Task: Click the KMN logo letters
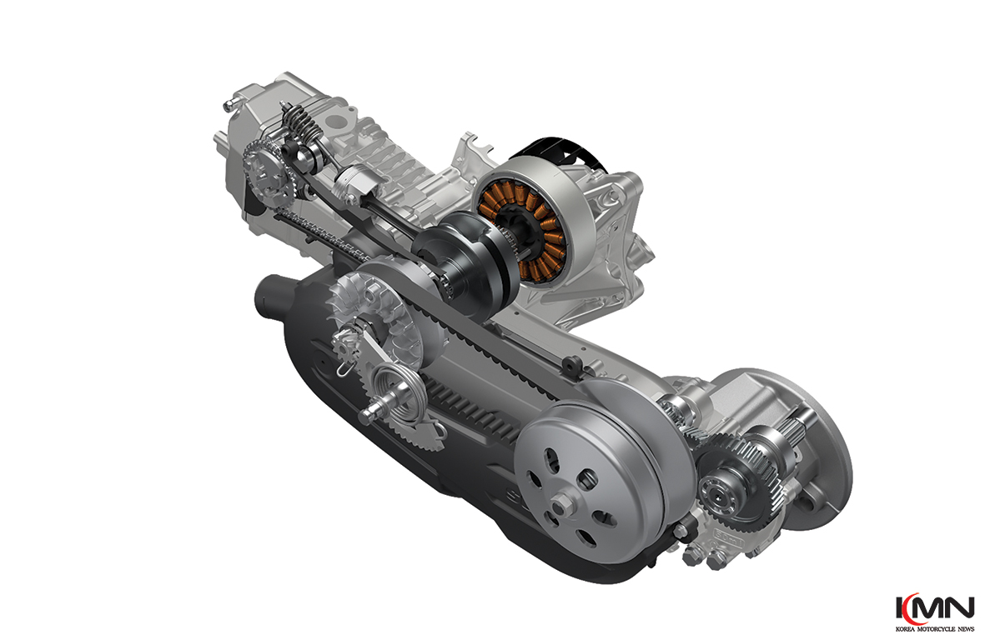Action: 935,608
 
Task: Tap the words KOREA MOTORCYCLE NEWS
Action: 935,628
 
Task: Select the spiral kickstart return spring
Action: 393,389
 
